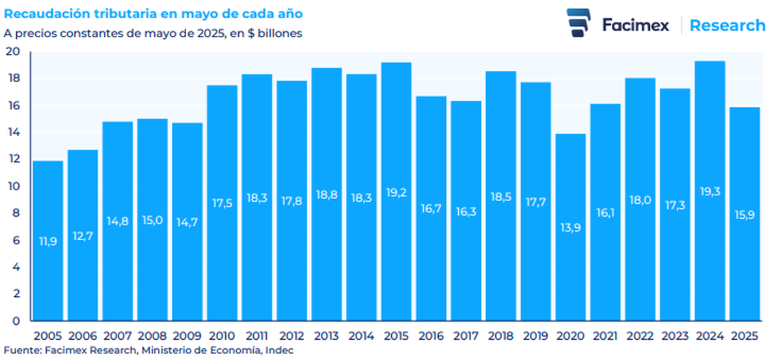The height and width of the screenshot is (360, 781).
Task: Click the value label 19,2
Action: tap(396, 192)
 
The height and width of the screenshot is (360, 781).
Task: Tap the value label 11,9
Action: tap(48, 242)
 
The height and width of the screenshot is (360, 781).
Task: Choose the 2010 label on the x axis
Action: tap(222, 336)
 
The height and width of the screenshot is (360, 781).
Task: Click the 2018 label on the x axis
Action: tap(500, 336)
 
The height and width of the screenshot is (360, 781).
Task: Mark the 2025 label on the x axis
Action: tap(745, 336)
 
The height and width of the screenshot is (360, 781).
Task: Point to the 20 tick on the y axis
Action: tap(14, 52)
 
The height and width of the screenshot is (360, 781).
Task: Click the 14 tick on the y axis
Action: tap(14, 133)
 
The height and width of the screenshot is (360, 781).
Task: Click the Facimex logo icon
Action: tap(579, 24)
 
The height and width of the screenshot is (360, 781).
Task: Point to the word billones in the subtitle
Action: tap(280, 33)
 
